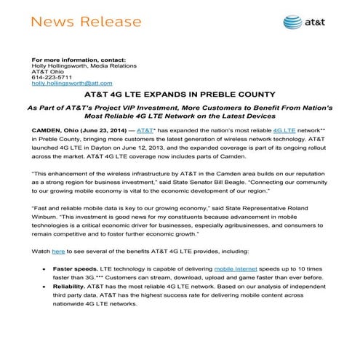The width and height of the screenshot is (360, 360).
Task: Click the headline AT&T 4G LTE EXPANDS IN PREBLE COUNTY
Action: (179, 95)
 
